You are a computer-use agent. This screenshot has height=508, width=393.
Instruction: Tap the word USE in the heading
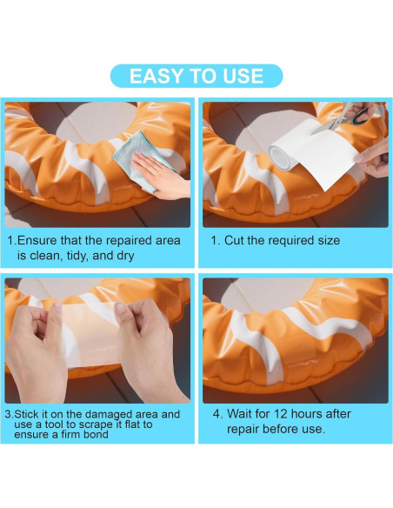243,77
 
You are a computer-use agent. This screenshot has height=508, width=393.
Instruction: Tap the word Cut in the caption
234,240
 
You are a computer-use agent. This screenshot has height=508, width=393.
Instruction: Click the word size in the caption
328,240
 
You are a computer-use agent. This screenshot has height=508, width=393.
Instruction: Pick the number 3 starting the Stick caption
8,414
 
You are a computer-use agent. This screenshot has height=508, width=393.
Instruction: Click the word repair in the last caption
243,429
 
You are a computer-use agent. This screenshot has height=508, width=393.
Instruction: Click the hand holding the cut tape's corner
372,160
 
